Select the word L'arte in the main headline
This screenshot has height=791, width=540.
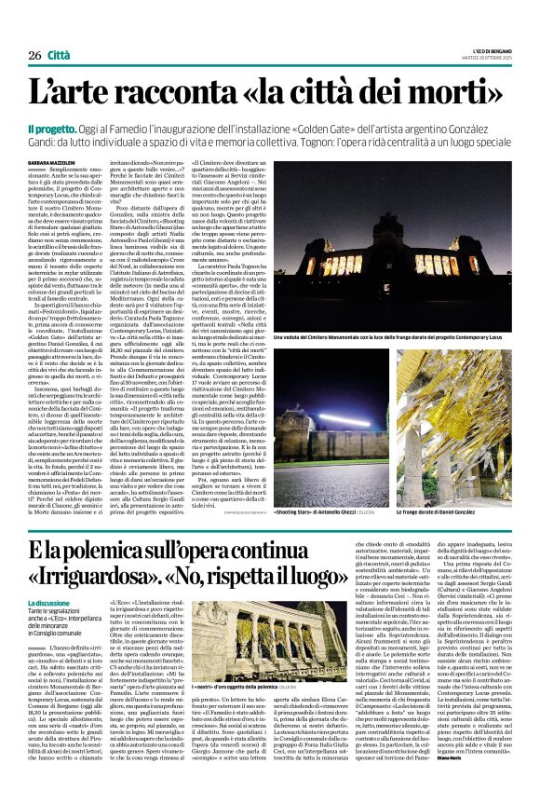click(x=74, y=93)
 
